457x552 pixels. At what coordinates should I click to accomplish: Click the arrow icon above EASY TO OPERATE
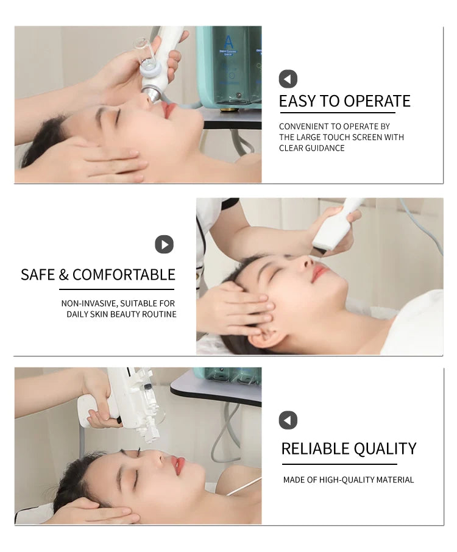coord(288,79)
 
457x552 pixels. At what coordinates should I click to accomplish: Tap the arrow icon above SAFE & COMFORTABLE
coord(164,244)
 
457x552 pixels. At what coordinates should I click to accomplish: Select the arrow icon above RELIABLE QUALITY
coord(288,420)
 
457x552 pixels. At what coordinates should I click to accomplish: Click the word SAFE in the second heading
coord(38,275)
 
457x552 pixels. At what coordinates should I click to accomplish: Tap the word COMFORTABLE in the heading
coord(124,275)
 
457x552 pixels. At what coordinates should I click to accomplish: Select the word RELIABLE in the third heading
coord(315,449)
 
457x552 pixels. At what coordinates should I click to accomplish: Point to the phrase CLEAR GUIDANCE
coord(311,148)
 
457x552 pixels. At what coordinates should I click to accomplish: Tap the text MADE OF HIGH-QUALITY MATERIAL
coord(348,480)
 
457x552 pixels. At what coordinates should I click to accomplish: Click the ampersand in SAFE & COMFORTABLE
coord(64,275)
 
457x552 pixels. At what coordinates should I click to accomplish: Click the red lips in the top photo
coord(168,110)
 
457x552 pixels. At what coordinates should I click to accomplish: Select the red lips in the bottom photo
coord(177,465)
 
